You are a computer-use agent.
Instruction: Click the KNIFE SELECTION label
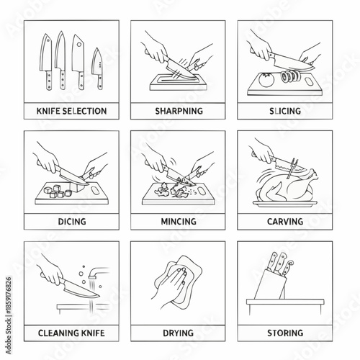point(71,112)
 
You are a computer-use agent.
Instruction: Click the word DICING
point(71,222)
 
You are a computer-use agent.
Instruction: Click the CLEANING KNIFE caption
point(71,333)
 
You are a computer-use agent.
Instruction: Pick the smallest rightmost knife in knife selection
point(97,68)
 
